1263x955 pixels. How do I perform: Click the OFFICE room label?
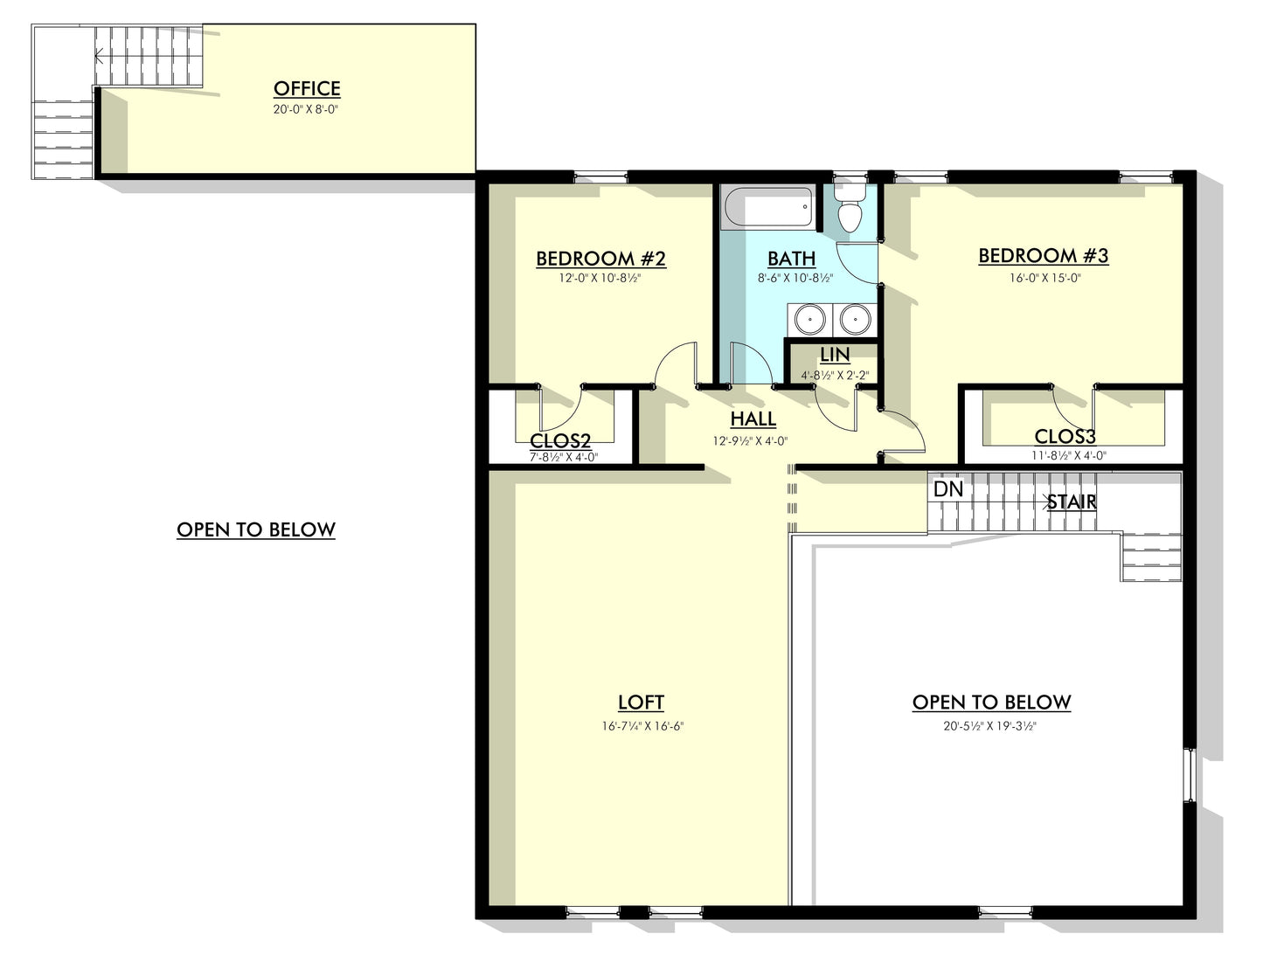click(307, 88)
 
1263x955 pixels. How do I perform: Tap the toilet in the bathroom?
click(849, 211)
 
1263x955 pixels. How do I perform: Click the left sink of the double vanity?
click(810, 319)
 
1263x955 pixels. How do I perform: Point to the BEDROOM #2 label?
click(600, 259)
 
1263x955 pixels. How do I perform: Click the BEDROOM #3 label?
click(1043, 256)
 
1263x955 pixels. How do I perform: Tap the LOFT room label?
click(641, 702)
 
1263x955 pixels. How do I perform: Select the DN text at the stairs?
click(948, 489)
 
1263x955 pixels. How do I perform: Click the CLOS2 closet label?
click(560, 441)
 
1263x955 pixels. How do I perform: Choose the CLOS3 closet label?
click(1065, 436)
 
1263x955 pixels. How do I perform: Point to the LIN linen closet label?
click(835, 355)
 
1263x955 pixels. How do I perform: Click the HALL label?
click(753, 419)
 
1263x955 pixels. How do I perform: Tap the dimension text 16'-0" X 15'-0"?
click(1045, 279)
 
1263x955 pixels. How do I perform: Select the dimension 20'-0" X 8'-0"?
click(306, 110)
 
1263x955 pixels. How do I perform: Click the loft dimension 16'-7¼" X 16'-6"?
click(642, 726)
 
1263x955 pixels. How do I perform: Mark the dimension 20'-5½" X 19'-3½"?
click(992, 726)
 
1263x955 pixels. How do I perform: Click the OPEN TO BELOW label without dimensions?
click(256, 529)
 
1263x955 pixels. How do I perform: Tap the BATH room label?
click(792, 259)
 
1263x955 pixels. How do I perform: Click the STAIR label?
click(1072, 502)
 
